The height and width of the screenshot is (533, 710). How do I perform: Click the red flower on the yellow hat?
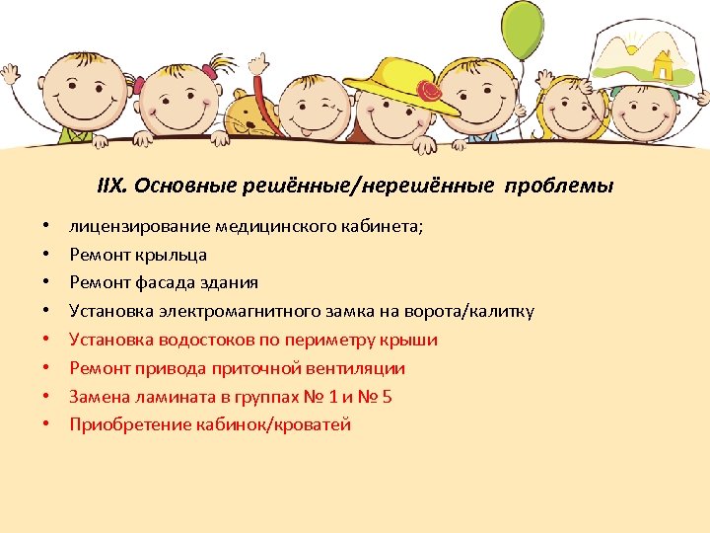click(430, 92)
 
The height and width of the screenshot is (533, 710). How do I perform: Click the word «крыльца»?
click(174, 255)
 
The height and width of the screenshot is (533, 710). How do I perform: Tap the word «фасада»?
click(161, 283)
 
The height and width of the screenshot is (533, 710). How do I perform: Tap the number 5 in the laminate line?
click(389, 397)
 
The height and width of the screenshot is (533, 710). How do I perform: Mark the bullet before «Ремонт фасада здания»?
click(46, 283)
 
